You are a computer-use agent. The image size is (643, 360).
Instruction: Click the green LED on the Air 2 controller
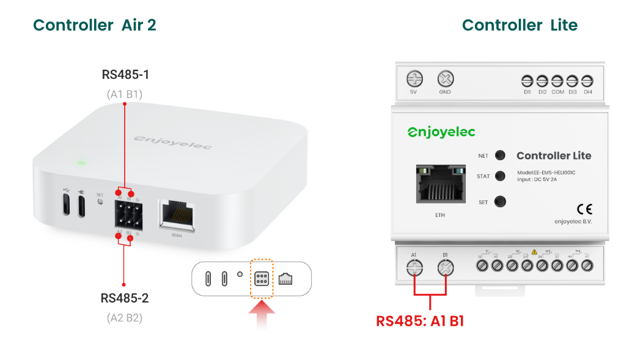[80, 163]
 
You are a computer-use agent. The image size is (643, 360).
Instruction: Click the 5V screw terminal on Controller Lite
[415, 79]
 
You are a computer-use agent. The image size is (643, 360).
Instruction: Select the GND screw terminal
[445, 79]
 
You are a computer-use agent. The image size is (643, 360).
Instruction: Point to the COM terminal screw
[557, 81]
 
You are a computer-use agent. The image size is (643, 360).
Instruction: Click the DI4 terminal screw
[587, 81]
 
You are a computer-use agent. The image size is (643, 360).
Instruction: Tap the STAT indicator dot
[500, 176]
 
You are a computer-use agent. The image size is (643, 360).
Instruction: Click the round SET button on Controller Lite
[500, 201]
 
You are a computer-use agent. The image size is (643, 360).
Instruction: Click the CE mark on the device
[584, 208]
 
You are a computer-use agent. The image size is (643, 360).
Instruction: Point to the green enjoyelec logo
[441, 132]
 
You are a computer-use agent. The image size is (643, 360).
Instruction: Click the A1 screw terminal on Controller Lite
[414, 268]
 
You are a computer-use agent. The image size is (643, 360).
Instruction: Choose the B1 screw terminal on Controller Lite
[446, 268]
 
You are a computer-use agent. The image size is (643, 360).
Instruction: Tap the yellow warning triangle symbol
[534, 252]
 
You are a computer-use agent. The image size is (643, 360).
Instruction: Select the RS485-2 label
[125, 298]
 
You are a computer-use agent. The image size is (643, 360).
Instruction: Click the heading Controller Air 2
[95, 25]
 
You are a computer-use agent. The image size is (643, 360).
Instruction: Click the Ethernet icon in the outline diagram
[285, 279]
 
